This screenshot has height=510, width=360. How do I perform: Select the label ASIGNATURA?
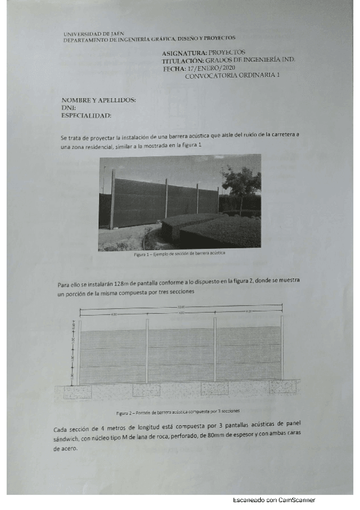[184, 54]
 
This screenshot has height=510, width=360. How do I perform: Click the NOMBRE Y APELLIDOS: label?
[99, 100]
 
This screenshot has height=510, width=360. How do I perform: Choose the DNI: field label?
[69, 108]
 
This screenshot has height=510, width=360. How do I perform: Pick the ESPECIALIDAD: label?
[87, 115]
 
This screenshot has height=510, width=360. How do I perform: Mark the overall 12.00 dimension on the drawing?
[181, 309]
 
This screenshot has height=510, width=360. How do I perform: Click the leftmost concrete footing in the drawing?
[78, 391]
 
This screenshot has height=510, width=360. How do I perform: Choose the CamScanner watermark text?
[274, 500]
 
